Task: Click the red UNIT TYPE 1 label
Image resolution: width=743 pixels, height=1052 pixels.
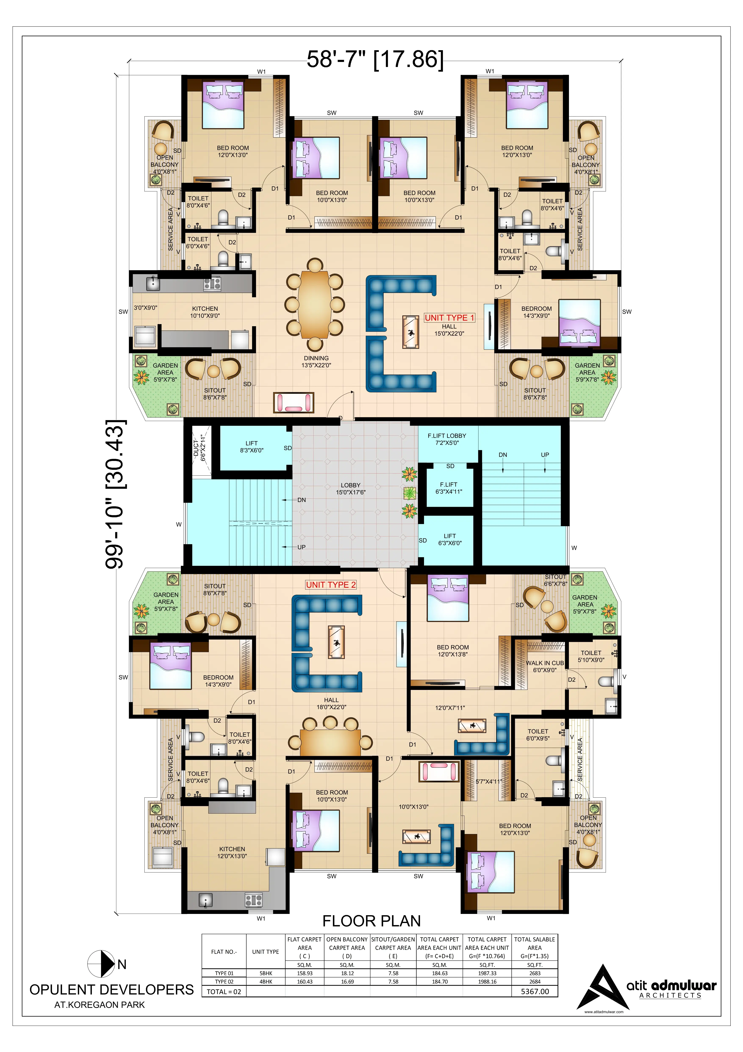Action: [x=449, y=318]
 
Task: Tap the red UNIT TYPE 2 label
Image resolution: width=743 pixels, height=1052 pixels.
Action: [x=331, y=585]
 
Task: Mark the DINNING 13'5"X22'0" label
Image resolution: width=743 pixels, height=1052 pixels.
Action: [x=316, y=362]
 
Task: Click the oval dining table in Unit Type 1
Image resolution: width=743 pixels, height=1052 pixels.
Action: [x=315, y=304]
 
